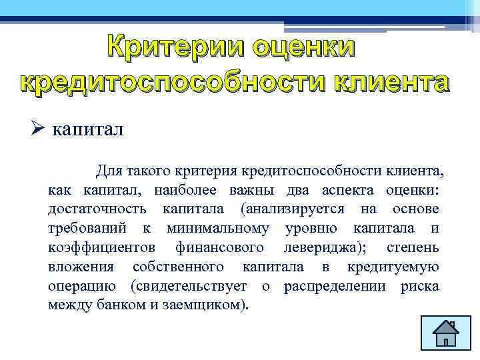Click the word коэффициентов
click(101, 248)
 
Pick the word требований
click(89, 229)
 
